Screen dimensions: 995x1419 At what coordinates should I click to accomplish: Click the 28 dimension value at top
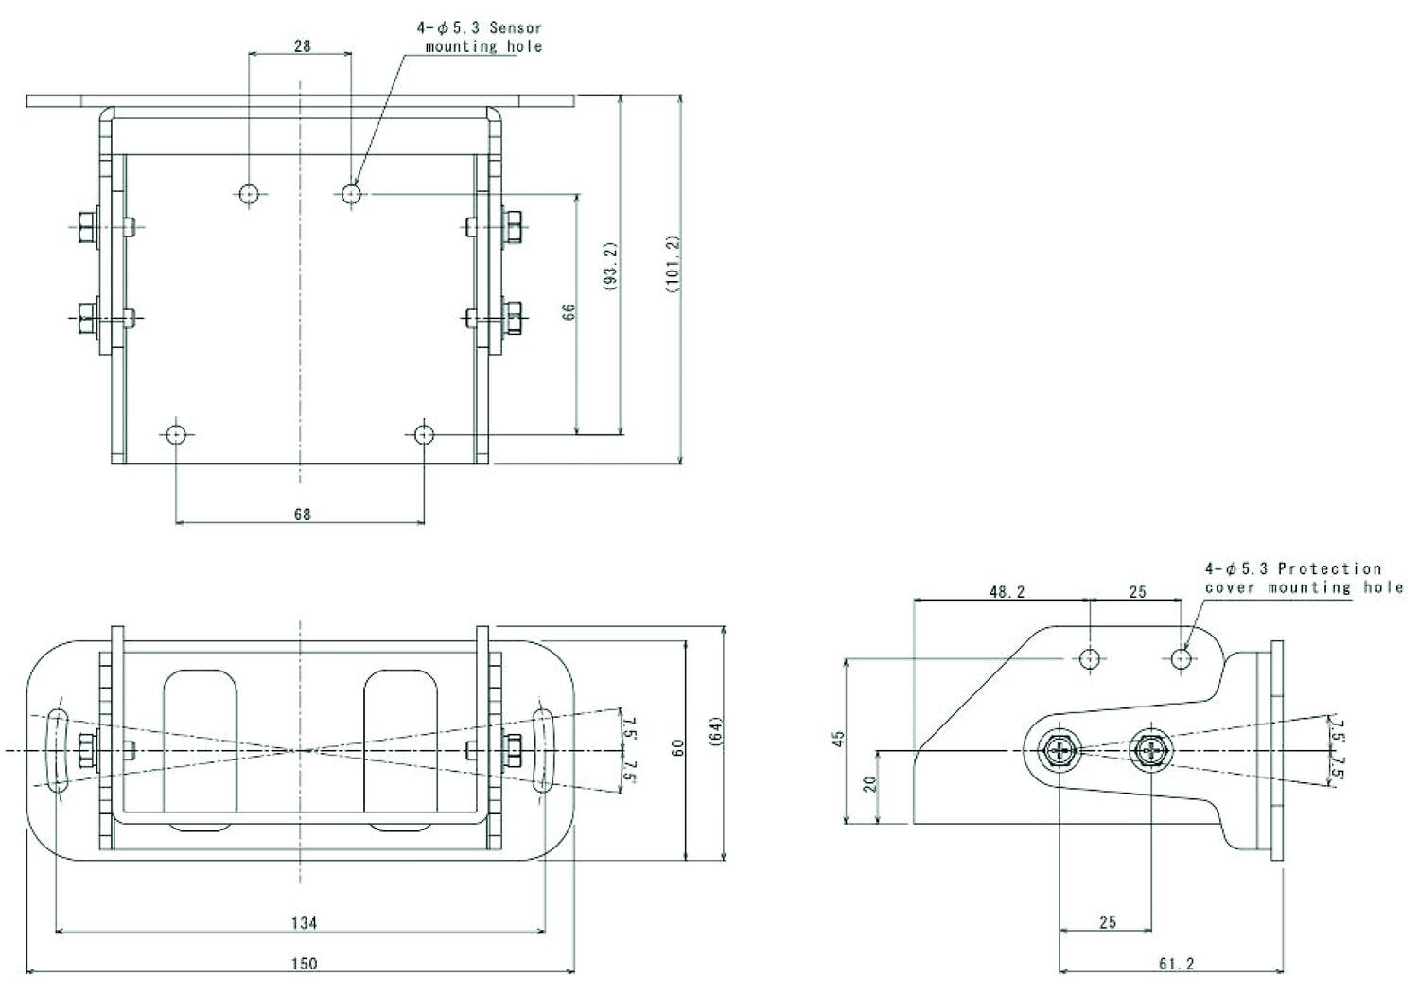(x=302, y=44)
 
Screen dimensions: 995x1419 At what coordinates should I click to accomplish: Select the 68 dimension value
(x=302, y=515)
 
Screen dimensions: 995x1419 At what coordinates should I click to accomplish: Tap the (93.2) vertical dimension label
(x=611, y=266)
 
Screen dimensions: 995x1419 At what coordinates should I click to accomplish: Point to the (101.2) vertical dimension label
(x=673, y=266)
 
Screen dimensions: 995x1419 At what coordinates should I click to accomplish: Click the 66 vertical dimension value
(x=569, y=312)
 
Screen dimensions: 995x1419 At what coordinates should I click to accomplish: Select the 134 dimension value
(x=303, y=923)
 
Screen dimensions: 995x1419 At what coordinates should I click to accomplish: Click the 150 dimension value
(x=303, y=964)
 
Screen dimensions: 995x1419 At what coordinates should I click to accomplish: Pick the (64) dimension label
(x=715, y=735)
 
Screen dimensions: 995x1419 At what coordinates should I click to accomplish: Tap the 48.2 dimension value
(x=1007, y=592)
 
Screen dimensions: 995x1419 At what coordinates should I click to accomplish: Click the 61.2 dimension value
(x=1175, y=964)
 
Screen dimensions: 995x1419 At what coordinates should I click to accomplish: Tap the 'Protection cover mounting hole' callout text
(x=1303, y=578)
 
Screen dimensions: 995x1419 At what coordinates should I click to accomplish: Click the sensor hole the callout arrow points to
(x=351, y=194)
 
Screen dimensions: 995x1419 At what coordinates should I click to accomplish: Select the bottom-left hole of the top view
(x=176, y=435)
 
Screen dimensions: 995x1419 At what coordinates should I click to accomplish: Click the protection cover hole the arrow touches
(x=1181, y=658)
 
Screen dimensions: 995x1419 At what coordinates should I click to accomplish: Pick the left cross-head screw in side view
(x=1059, y=752)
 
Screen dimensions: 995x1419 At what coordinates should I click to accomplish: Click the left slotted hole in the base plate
(x=56, y=750)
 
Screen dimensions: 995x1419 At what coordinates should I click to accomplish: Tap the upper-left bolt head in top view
(x=85, y=226)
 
